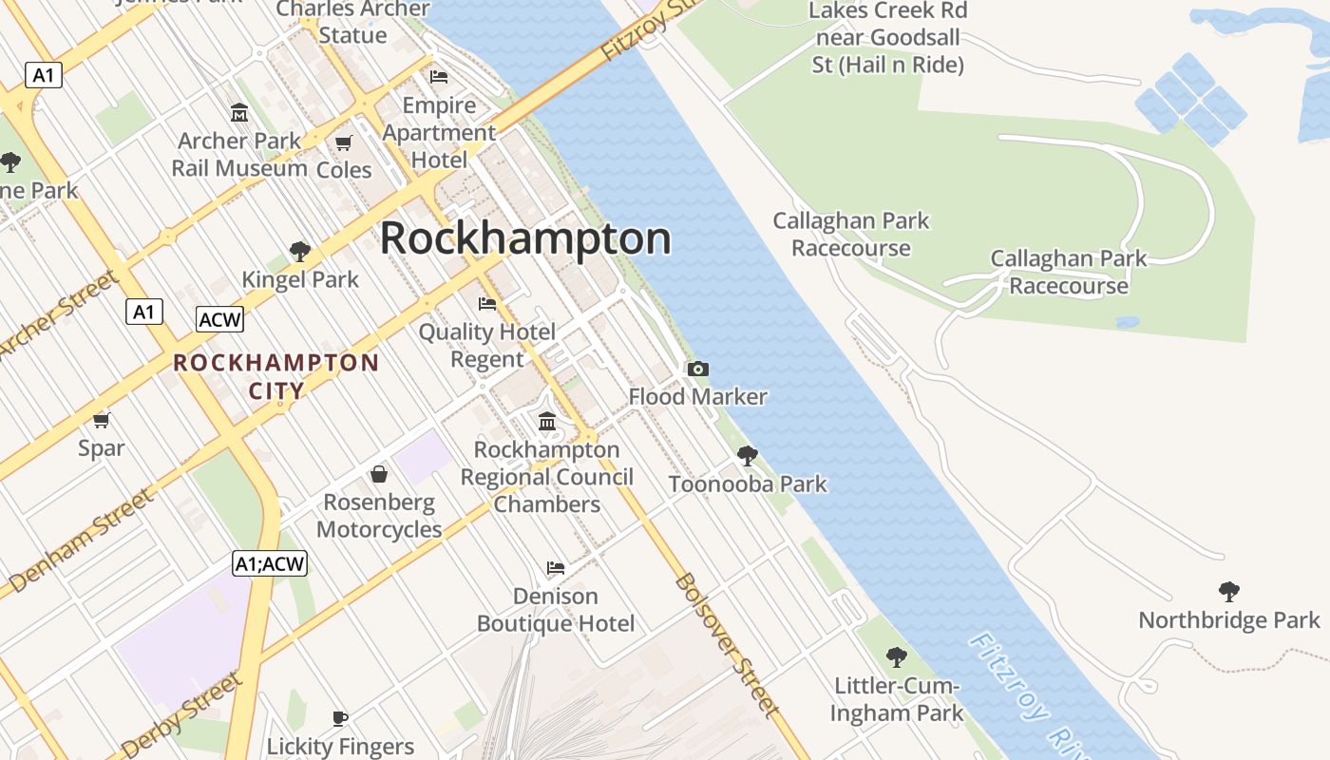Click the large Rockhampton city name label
tap(525, 238)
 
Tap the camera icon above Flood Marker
tap(697, 369)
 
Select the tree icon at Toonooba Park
tap(748, 456)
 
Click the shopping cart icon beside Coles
tap(344, 143)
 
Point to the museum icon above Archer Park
tap(239, 113)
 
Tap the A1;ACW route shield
tap(270, 563)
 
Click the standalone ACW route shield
tap(219, 319)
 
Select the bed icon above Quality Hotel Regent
tap(487, 304)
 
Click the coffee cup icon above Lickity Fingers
tap(340, 718)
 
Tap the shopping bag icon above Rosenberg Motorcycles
tap(379, 473)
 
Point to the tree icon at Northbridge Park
tap(1229, 592)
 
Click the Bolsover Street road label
tap(727, 644)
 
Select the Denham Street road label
tap(81, 540)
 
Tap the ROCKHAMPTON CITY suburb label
tap(276, 376)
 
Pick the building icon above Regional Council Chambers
tap(547, 421)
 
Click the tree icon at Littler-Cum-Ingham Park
tap(896, 656)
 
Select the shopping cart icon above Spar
tap(102, 419)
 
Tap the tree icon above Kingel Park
tap(300, 252)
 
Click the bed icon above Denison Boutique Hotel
tap(556, 568)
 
